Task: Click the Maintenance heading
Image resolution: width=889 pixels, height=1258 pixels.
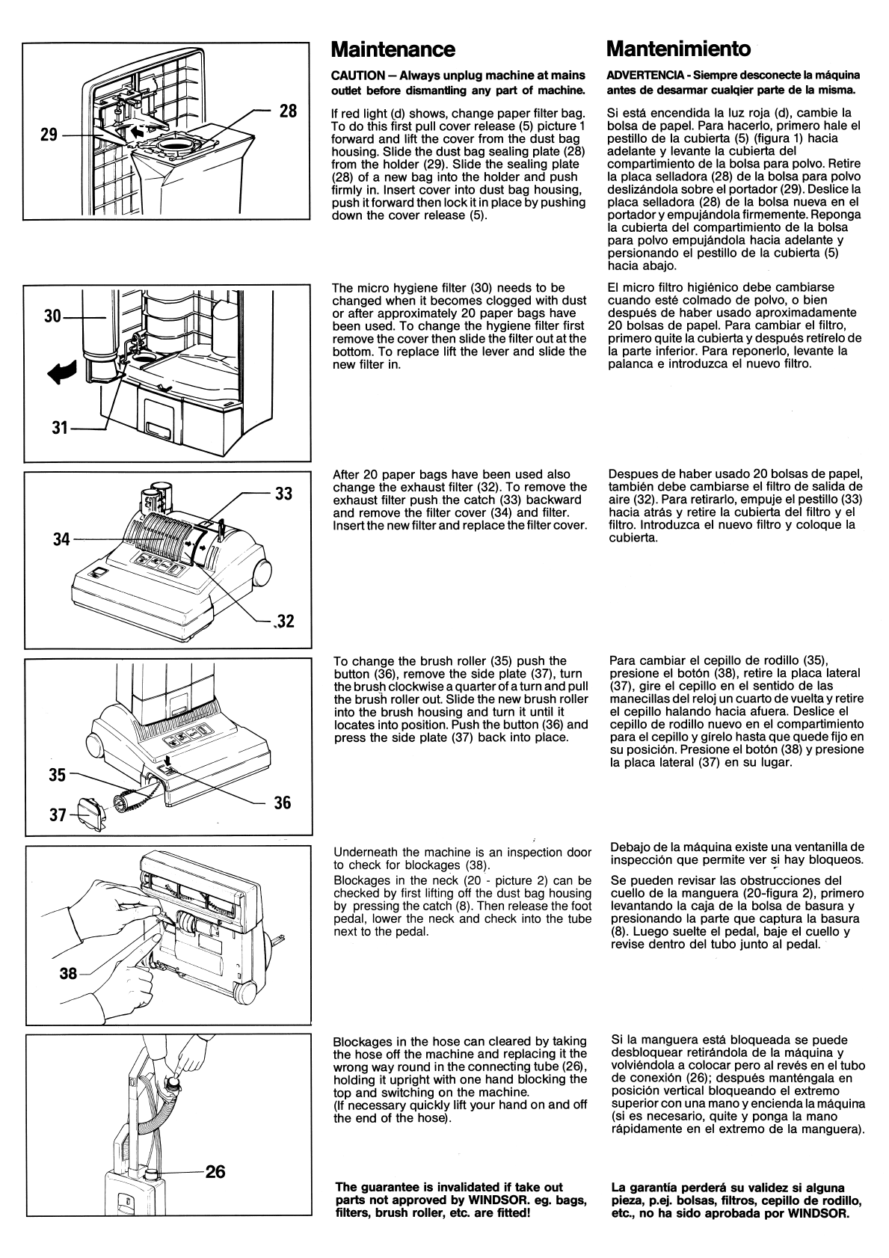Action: pyautogui.click(x=393, y=49)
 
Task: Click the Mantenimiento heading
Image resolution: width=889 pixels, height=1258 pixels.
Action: pyautogui.click(x=678, y=49)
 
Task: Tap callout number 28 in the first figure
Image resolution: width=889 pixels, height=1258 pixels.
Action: pyautogui.click(x=288, y=111)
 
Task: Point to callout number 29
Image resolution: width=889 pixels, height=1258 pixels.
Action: pyautogui.click(x=49, y=135)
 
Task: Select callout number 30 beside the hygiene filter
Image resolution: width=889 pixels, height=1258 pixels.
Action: pyautogui.click(x=52, y=317)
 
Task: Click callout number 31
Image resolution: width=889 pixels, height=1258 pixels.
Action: pyautogui.click(x=60, y=429)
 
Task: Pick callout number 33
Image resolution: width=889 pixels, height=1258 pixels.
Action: pyautogui.click(x=283, y=494)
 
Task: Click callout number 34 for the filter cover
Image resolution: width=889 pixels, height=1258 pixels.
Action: pyautogui.click(x=61, y=540)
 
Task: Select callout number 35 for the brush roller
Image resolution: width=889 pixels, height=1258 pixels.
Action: pyautogui.click(x=58, y=776)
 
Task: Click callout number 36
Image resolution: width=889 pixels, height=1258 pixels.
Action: pyautogui.click(x=283, y=803)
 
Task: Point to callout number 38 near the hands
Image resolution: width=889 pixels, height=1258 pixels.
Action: pyautogui.click(x=68, y=973)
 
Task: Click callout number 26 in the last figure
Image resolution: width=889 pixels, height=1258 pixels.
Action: pyautogui.click(x=215, y=1171)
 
